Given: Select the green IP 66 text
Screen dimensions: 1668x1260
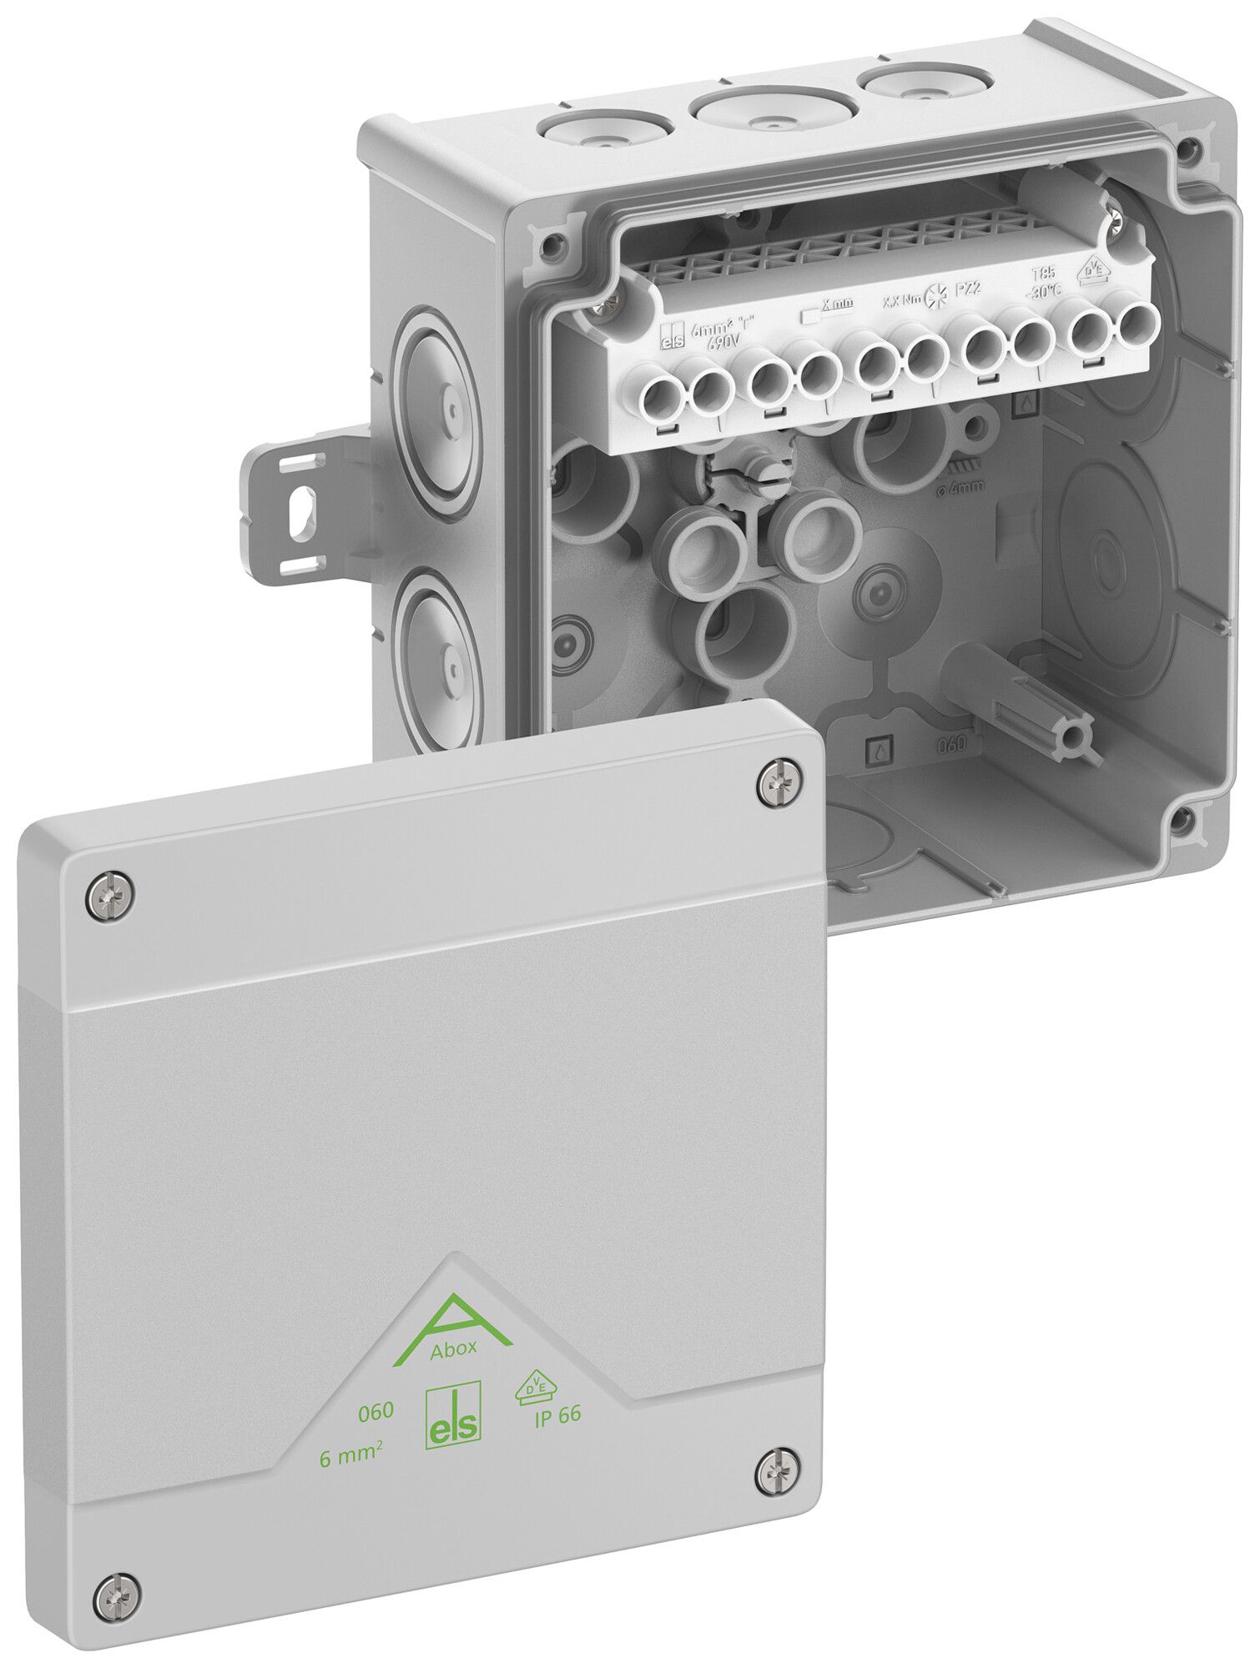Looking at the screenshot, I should coord(557,1415).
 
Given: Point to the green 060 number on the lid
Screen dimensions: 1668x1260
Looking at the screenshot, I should coord(375,1412).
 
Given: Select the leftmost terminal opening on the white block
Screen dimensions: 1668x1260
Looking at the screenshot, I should coord(667,389).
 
